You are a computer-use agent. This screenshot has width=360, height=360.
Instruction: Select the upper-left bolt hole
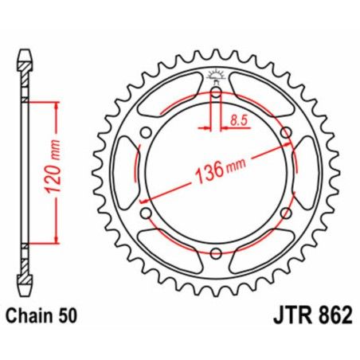pos(145,133)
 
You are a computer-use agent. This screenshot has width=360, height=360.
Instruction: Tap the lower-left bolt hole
pos(145,213)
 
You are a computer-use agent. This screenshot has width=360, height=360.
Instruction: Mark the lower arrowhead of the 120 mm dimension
pos(57,240)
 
